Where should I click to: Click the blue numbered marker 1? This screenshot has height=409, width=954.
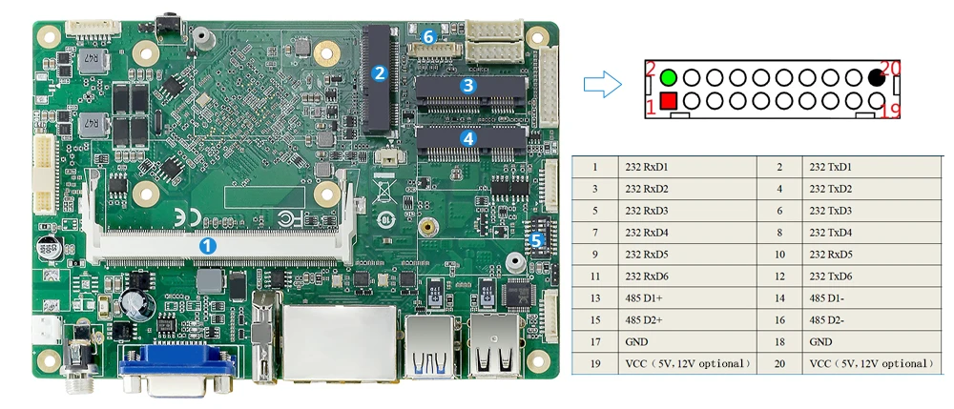208,245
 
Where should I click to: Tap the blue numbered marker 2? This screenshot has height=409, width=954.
379,72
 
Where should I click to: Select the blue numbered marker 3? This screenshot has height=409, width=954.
467,85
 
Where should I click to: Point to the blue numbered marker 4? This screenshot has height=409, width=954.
467,137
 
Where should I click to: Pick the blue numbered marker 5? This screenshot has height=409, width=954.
536,240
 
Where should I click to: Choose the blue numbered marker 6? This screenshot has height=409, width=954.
428,36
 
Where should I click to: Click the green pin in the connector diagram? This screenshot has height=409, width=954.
668,77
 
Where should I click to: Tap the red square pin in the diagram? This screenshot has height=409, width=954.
668,100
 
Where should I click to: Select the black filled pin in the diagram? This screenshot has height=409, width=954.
876,77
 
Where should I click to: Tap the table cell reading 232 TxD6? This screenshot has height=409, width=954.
830,276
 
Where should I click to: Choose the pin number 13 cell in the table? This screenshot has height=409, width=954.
595,298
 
